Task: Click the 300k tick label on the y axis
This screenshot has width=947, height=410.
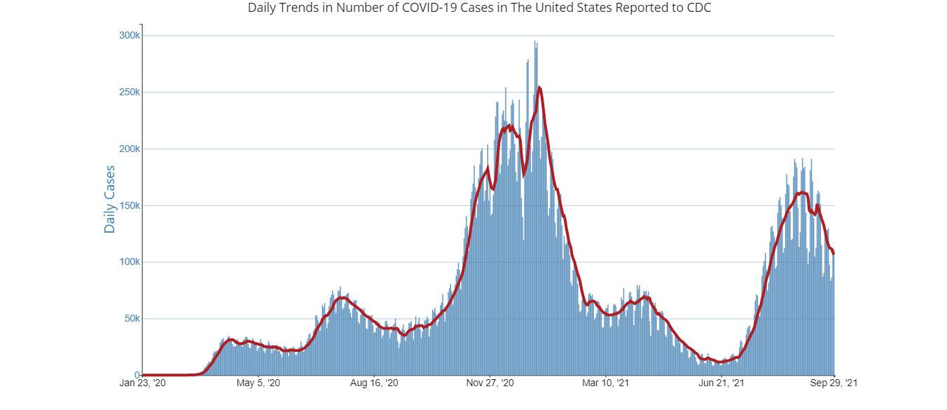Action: click(x=129, y=36)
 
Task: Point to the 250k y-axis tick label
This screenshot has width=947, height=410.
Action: click(x=129, y=93)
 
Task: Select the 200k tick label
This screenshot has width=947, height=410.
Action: click(x=129, y=149)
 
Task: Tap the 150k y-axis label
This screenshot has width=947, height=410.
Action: click(x=129, y=206)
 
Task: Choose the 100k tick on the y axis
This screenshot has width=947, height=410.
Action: click(x=129, y=262)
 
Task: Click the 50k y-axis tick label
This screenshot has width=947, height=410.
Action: click(x=131, y=319)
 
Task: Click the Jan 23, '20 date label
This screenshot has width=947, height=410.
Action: click(x=143, y=383)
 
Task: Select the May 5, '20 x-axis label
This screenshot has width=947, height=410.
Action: click(x=258, y=383)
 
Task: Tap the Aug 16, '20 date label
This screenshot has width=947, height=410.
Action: click(x=374, y=383)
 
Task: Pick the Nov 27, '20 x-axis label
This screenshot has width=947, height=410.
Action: click(x=490, y=383)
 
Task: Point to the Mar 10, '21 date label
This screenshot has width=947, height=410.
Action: click(x=606, y=383)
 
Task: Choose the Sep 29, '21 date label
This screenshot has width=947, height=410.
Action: click(x=834, y=383)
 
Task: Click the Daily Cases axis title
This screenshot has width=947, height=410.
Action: click(x=110, y=199)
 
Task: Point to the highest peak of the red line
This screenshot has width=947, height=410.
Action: click(x=539, y=88)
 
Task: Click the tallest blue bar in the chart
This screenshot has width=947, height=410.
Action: click(x=535, y=42)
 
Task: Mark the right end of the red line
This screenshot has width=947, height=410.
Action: click(x=834, y=254)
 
